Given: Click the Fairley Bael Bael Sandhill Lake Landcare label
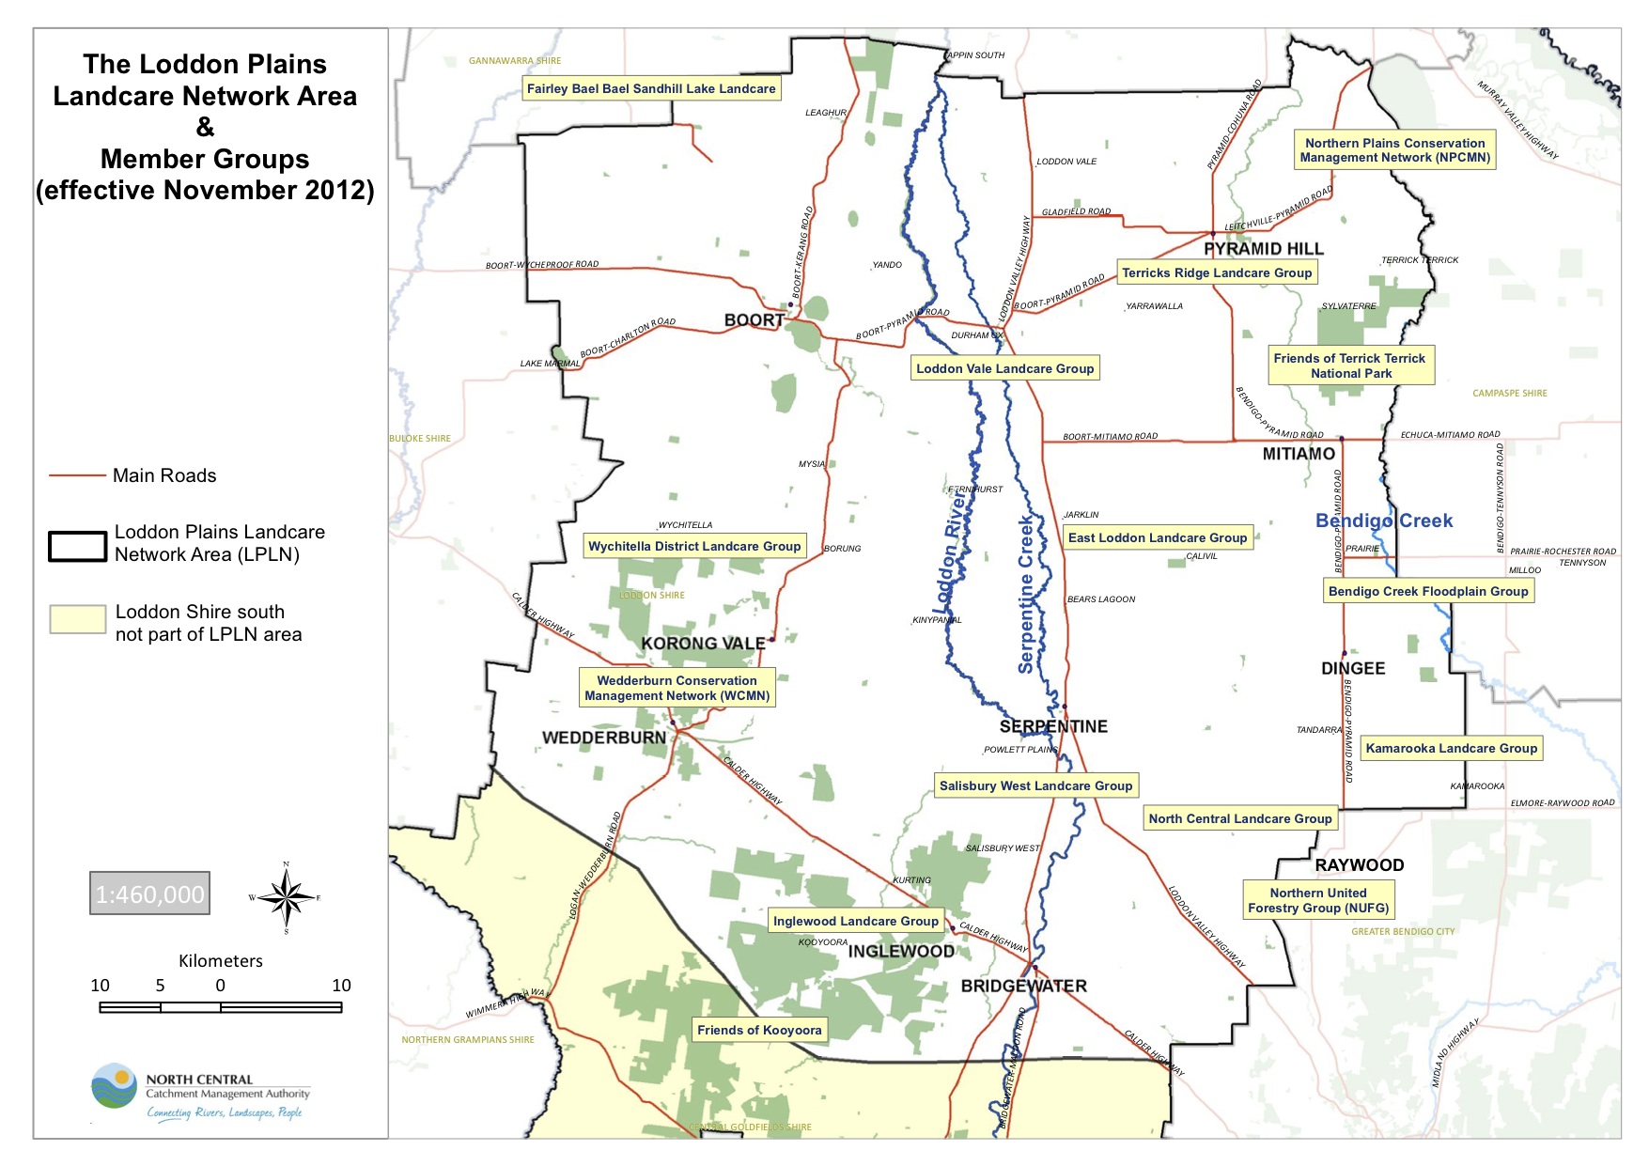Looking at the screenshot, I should click(651, 89).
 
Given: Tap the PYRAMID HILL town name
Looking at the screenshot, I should click(1263, 249).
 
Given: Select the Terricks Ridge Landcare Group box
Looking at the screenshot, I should click(1217, 272).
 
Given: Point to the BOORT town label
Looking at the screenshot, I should click(754, 320).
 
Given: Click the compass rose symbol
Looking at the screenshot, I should click(287, 897).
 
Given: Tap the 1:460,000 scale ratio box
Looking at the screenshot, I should click(150, 894).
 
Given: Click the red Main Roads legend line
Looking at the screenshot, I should click(77, 476).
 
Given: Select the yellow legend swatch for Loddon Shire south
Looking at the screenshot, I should click(78, 619).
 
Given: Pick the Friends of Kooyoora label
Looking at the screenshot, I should click(759, 1030).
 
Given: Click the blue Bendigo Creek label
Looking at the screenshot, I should click(1383, 521).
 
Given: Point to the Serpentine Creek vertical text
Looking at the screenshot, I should click(1026, 594).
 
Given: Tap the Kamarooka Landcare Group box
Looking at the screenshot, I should click(1451, 748).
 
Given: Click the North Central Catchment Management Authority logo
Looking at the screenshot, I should click(115, 1087).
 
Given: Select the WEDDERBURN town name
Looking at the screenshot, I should click(603, 738).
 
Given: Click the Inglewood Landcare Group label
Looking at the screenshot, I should click(855, 921).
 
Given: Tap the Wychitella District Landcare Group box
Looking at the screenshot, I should click(694, 546).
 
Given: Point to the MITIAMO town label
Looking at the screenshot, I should click(1298, 454).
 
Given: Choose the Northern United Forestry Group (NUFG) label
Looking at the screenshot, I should click(1318, 900).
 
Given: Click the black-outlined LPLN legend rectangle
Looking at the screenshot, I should click(77, 546).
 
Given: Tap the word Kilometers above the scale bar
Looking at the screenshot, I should click(221, 961).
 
